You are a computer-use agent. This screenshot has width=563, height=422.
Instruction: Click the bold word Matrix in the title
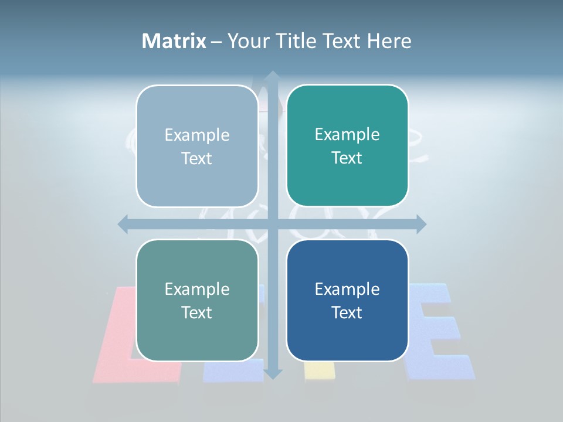click(x=174, y=41)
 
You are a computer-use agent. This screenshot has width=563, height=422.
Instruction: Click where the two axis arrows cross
click(x=272, y=224)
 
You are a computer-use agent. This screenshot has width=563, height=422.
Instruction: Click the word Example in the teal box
click(x=347, y=134)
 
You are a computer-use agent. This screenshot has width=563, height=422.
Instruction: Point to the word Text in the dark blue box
click(x=347, y=312)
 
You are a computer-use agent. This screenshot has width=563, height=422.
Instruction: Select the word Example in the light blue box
click(x=197, y=135)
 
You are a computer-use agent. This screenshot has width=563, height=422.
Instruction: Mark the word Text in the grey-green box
click(x=197, y=312)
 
